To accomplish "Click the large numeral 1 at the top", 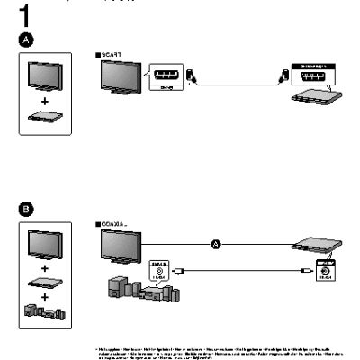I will click(25, 15).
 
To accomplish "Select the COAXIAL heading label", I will click(111, 222).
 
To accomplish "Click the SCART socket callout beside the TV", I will click(163, 77).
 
